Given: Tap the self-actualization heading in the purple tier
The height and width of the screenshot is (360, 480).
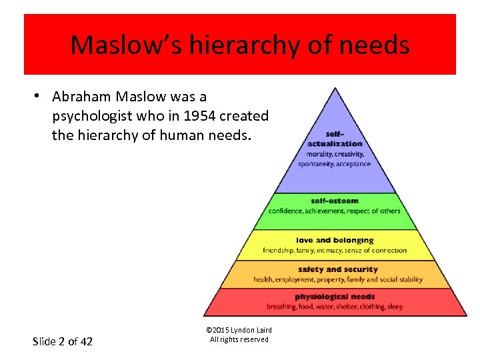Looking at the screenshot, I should [x=335, y=138].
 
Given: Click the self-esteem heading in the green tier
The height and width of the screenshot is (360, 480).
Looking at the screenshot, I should [x=335, y=201].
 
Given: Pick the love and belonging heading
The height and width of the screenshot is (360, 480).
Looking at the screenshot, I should [x=335, y=240].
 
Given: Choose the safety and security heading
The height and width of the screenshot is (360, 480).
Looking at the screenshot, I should [x=337, y=269].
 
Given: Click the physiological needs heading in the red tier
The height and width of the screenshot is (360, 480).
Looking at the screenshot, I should [x=335, y=297].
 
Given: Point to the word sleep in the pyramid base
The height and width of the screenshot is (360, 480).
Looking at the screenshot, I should [x=394, y=307].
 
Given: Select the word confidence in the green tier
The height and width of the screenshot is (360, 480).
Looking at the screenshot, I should [x=286, y=211].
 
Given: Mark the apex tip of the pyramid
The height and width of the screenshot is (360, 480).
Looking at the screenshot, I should [x=335, y=89].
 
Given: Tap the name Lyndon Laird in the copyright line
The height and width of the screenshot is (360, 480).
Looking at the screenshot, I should [x=249, y=330].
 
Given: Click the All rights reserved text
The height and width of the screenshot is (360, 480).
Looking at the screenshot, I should [x=239, y=339].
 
